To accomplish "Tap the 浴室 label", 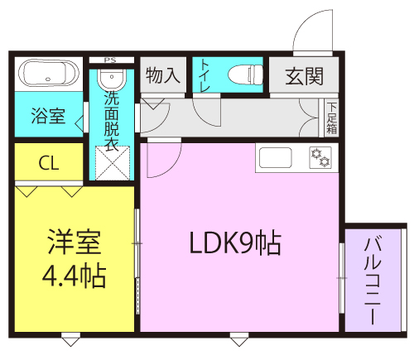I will [x=48, y=116].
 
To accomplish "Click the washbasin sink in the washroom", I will [x=111, y=79].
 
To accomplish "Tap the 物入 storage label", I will [x=162, y=76].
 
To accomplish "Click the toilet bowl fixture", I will [x=242, y=74].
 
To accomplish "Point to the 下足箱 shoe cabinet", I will [x=331, y=117].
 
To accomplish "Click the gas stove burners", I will [x=320, y=156].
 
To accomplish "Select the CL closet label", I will [x=49, y=163].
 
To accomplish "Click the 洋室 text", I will [x=73, y=244].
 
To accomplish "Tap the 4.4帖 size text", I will [x=73, y=276].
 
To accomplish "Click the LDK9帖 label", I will [x=235, y=243].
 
